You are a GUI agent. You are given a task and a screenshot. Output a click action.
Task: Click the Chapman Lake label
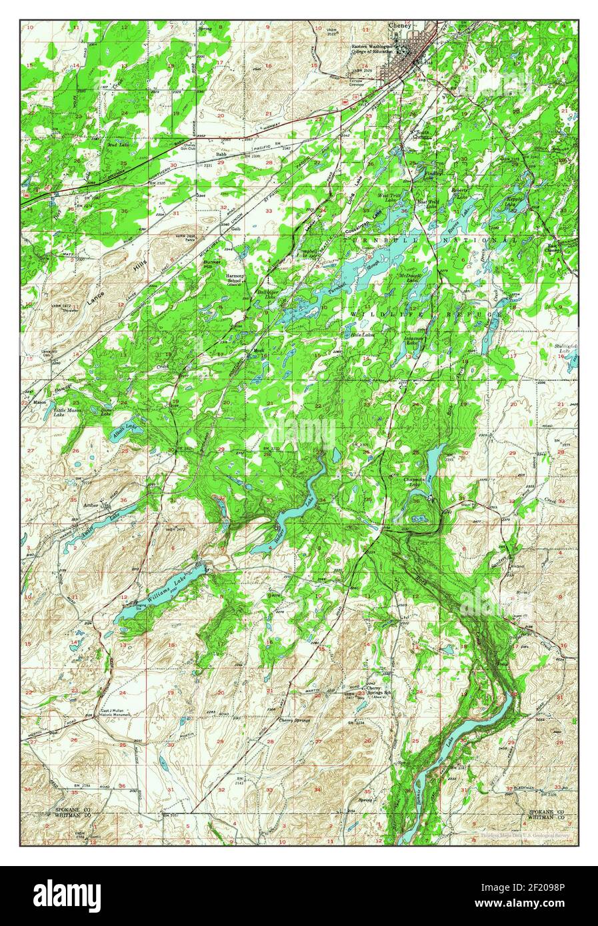pos(415,482)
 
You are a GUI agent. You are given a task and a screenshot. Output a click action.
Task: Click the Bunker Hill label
pos(212,264)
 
